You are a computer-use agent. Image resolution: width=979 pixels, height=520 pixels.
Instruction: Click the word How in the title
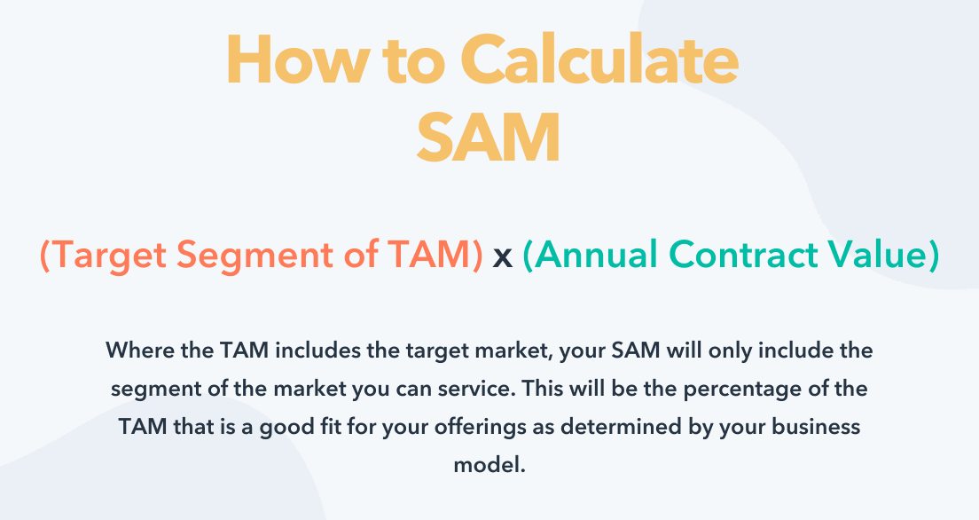(x=298, y=60)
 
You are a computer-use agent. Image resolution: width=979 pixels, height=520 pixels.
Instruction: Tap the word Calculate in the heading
(x=599, y=60)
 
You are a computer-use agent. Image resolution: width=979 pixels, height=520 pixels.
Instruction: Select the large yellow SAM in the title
(x=489, y=138)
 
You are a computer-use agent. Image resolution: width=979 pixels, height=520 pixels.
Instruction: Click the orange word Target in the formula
(x=104, y=255)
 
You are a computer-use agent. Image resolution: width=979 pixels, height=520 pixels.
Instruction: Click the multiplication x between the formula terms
(x=503, y=257)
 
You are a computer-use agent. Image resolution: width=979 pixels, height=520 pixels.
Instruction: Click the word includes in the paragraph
(x=317, y=350)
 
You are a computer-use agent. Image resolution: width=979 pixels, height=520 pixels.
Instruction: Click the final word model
(x=489, y=465)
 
